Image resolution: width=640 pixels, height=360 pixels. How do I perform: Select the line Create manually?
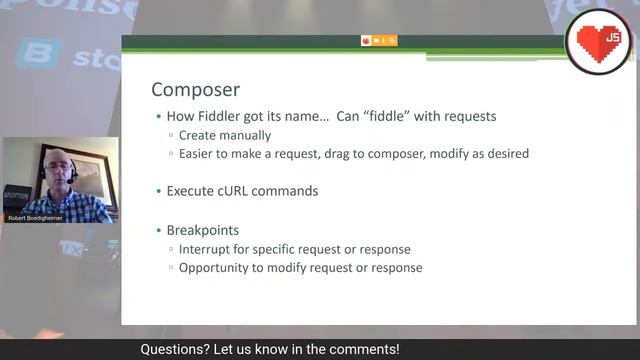(225, 135)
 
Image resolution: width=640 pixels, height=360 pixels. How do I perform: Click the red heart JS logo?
(599, 39)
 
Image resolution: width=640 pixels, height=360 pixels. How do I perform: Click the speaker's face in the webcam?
(57, 167)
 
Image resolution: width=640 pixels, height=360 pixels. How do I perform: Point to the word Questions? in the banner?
(171, 350)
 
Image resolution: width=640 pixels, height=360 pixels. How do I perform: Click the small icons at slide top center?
(379, 40)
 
